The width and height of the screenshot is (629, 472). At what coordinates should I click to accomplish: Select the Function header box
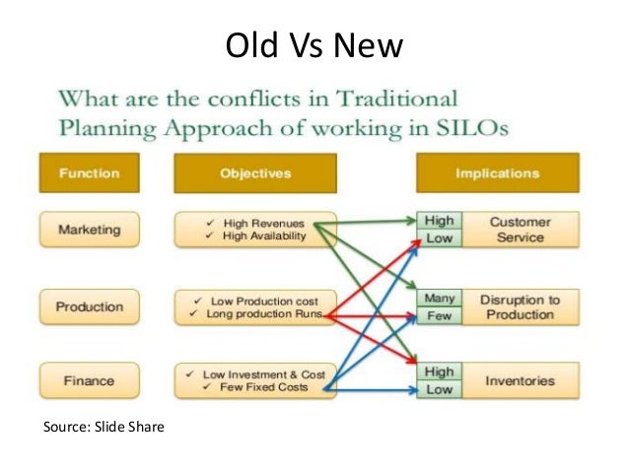coord(90,173)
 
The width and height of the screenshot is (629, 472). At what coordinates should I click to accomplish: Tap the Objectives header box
coord(255,173)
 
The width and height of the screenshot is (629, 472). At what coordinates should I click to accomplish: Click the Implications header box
coord(497,173)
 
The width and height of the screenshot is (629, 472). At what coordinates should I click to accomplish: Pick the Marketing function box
coord(90,230)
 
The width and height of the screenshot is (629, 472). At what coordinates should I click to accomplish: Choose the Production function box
coord(90,306)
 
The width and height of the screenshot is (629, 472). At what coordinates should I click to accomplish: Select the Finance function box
coord(90,380)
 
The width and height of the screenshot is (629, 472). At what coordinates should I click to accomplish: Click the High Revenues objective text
coord(261,223)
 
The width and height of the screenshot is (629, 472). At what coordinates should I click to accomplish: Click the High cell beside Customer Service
coord(439,222)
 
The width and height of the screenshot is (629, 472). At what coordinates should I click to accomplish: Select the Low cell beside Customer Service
coord(439,238)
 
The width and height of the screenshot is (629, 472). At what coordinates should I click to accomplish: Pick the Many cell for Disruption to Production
coord(439,298)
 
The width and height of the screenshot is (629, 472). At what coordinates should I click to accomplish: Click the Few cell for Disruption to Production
coord(439,315)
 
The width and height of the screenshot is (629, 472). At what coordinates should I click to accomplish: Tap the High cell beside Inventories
coord(439,372)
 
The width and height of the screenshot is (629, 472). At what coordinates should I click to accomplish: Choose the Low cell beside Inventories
coord(439,389)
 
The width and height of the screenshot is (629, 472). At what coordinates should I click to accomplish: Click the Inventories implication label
coord(520,380)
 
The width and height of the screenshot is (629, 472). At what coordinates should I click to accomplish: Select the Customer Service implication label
coord(520,230)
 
